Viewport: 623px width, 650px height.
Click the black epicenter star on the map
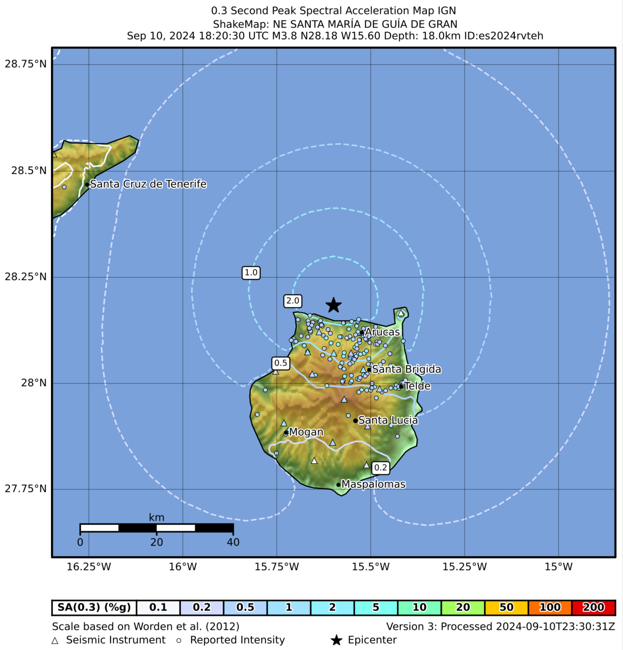(x=334, y=305)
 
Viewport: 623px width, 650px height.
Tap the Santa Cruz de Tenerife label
(x=148, y=184)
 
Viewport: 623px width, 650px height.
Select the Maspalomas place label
(x=373, y=484)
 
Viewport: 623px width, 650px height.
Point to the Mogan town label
(x=306, y=432)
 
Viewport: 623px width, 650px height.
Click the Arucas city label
(x=382, y=332)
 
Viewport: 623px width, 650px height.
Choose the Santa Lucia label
(x=388, y=420)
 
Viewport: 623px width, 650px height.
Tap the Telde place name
(x=417, y=386)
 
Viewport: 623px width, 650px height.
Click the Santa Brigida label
(x=406, y=369)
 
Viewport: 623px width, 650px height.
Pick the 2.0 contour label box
(x=293, y=301)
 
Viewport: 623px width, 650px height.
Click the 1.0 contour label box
(x=251, y=272)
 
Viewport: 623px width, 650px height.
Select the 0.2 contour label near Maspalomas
(x=380, y=467)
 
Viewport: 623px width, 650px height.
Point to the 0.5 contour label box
(x=280, y=363)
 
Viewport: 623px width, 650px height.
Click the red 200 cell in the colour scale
(x=593, y=607)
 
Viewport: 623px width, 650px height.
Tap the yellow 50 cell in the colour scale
(x=506, y=607)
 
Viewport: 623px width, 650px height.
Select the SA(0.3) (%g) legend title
(x=94, y=607)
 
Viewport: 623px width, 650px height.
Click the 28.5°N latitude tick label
(x=28, y=171)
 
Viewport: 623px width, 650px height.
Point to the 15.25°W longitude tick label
(x=464, y=566)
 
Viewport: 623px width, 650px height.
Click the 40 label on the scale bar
(x=233, y=542)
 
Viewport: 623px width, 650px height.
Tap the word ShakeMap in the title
(x=240, y=24)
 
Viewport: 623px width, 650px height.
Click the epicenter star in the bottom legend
(x=336, y=640)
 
